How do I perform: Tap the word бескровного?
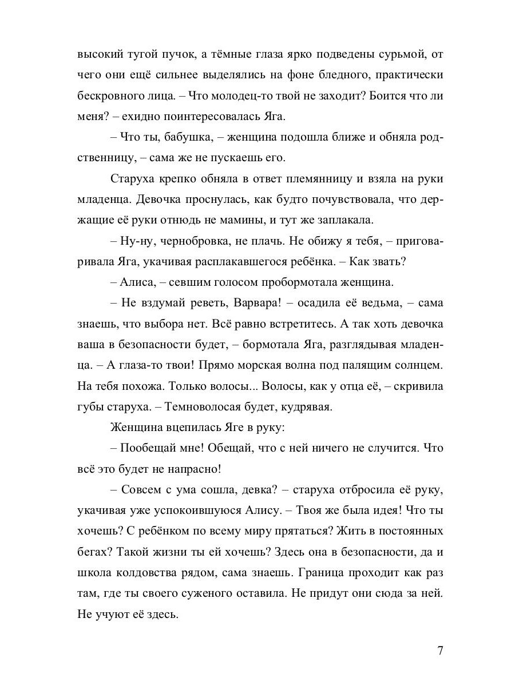pyautogui.click(x=109, y=95)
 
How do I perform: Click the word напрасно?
pyautogui.click(x=193, y=469)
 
